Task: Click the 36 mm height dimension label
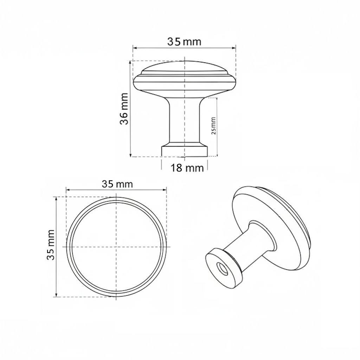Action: click(x=124, y=109)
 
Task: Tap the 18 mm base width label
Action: click(x=187, y=168)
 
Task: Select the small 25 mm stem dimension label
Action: click(x=213, y=126)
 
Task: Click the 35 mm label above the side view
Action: click(x=184, y=42)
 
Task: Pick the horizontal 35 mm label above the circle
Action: click(x=117, y=184)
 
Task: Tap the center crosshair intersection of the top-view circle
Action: click(x=116, y=247)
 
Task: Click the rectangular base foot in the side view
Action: click(x=185, y=151)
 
